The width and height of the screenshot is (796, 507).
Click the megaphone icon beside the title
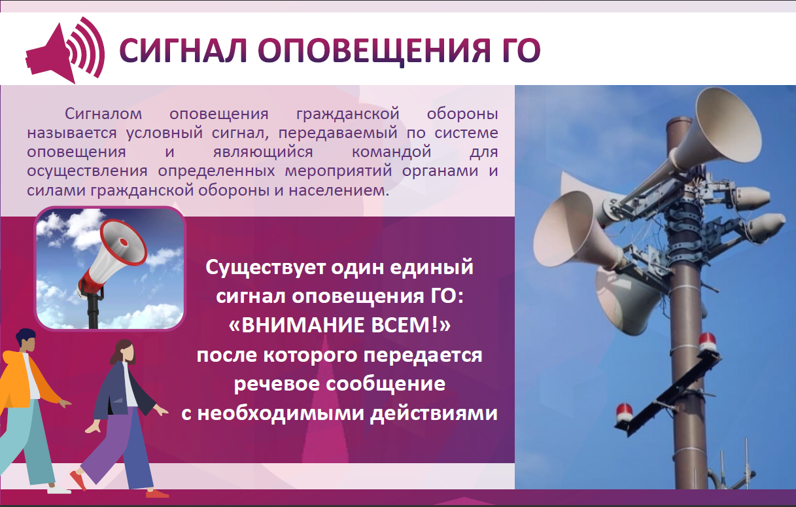pos(64,50)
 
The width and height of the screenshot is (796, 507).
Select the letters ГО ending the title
pos(517,50)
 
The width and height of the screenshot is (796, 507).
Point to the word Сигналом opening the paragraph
pos(103,114)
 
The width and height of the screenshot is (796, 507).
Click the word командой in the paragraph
pos(392,152)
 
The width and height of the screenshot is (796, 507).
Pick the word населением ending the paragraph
pos(339,190)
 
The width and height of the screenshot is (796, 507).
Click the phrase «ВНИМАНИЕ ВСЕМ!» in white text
pos(340,325)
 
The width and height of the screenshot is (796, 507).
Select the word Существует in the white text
pos(266,268)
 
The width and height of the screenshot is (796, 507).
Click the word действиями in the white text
pos(434,413)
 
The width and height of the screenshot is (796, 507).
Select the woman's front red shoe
pos(157,493)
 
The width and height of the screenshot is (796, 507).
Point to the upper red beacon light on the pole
pos(707,342)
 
